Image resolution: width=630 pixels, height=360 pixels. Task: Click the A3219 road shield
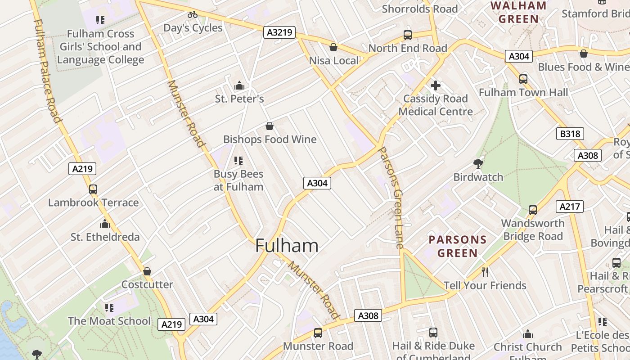click(279, 32)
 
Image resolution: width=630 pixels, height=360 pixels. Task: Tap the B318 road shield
click(570, 134)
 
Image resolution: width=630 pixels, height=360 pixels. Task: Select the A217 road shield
click(570, 207)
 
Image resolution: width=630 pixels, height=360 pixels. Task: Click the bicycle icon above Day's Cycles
click(193, 14)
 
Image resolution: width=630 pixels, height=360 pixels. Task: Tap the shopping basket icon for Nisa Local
click(333, 47)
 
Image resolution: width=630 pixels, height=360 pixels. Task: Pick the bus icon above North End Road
click(407, 35)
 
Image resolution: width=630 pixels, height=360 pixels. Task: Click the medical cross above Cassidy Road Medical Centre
click(435, 85)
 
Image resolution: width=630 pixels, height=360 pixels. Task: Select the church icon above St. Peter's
click(239, 85)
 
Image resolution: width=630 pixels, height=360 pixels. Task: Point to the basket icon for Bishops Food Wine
click(270, 126)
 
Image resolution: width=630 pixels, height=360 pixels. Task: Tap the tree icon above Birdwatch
click(478, 164)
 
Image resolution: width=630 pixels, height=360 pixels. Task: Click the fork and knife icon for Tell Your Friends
click(485, 272)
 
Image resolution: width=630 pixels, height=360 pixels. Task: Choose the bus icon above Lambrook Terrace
click(93, 189)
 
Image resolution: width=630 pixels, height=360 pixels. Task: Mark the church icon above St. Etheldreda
click(105, 224)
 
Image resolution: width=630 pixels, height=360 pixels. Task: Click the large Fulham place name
click(287, 246)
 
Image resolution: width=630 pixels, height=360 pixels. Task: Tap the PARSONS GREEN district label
click(458, 246)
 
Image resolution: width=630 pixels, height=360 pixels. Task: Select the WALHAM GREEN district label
click(518, 12)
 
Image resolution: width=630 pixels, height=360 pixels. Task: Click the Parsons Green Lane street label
click(390, 198)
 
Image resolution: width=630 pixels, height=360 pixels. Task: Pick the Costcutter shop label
click(147, 284)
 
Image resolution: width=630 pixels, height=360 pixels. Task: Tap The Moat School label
click(109, 321)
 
